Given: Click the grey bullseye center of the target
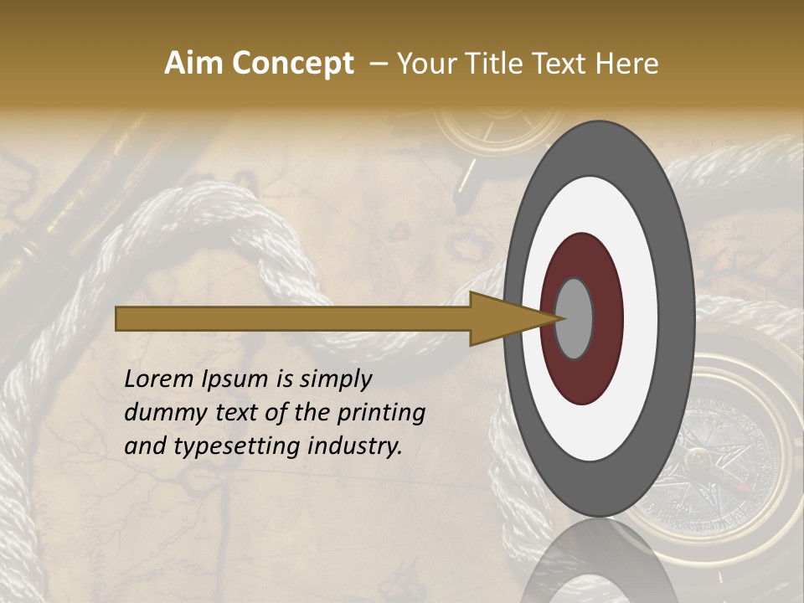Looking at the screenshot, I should (x=574, y=318).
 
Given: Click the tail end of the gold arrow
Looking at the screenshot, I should (x=121, y=318).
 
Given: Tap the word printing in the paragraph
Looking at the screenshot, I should (x=383, y=413).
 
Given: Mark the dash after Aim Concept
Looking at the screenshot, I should (x=376, y=64).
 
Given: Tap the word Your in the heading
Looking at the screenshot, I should (x=425, y=64).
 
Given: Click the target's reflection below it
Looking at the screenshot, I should (x=599, y=561).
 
